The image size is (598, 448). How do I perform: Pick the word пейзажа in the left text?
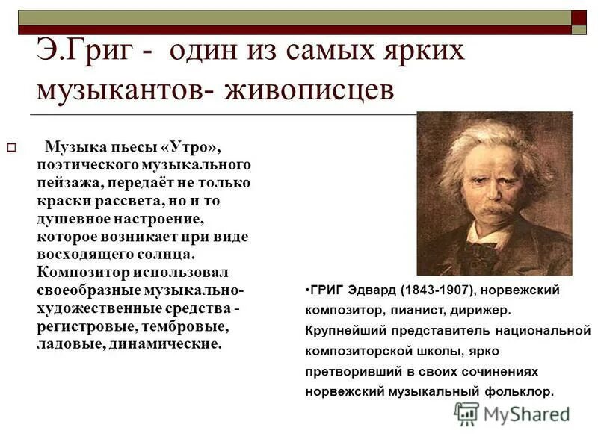pyautogui.click(x=68, y=181)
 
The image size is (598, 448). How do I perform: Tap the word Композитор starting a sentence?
pyautogui.click(x=82, y=272)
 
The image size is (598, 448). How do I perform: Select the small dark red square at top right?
pyautogui.click(x=579, y=17)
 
